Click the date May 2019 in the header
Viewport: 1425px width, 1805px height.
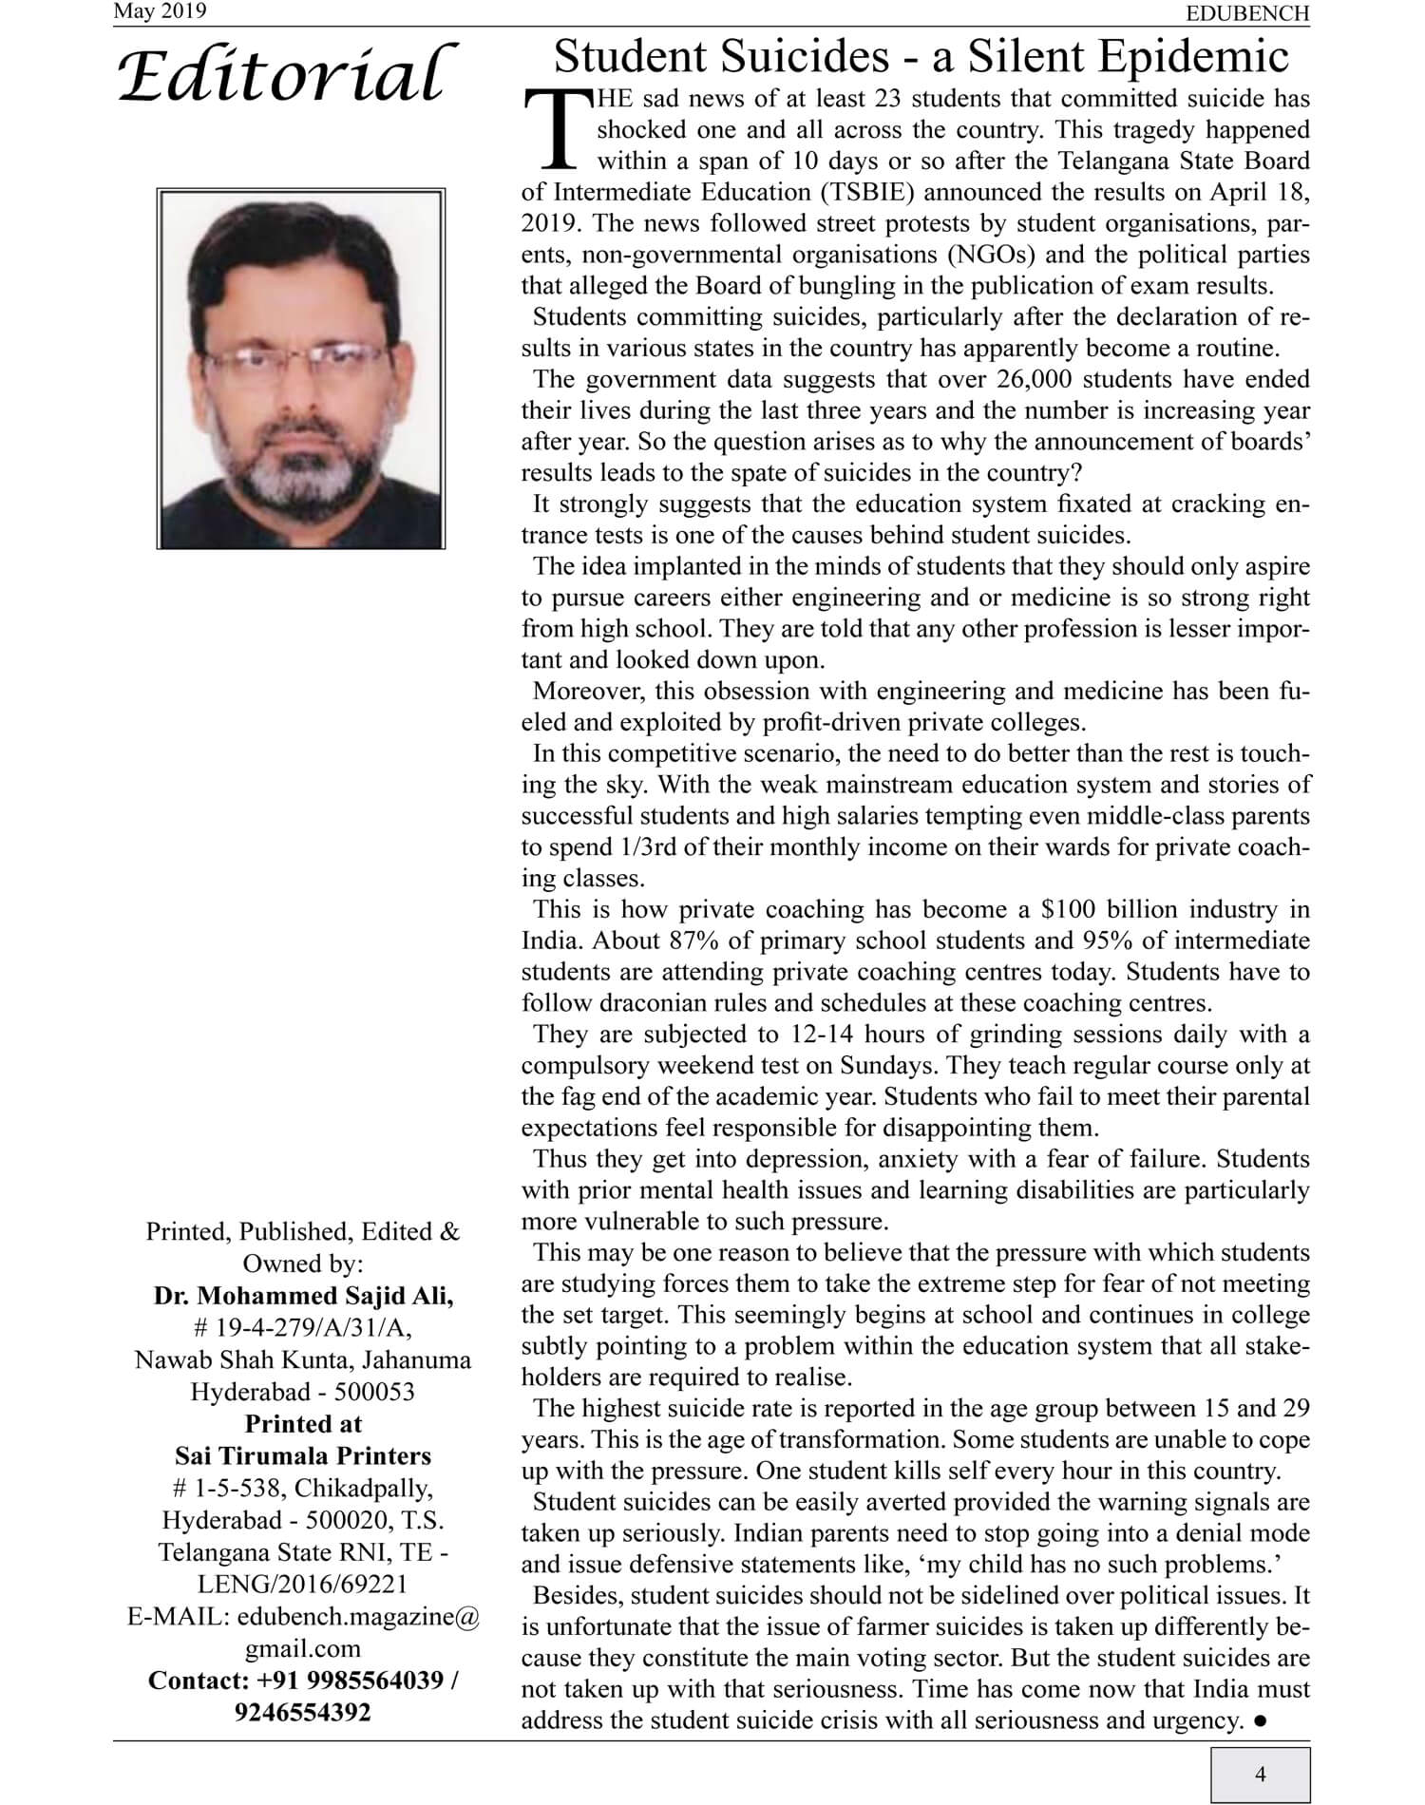(x=160, y=11)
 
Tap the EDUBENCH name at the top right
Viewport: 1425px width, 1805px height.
(x=1247, y=13)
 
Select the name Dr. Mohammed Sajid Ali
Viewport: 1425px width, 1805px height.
(x=303, y=1296)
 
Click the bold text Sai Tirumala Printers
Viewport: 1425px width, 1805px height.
(x=303, y=1455)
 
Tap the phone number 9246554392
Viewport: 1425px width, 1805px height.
(x=303, y=1712)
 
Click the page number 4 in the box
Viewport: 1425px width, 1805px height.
(x=1260, y=1774)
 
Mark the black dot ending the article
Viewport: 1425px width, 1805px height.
(x=1259, y=1720)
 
